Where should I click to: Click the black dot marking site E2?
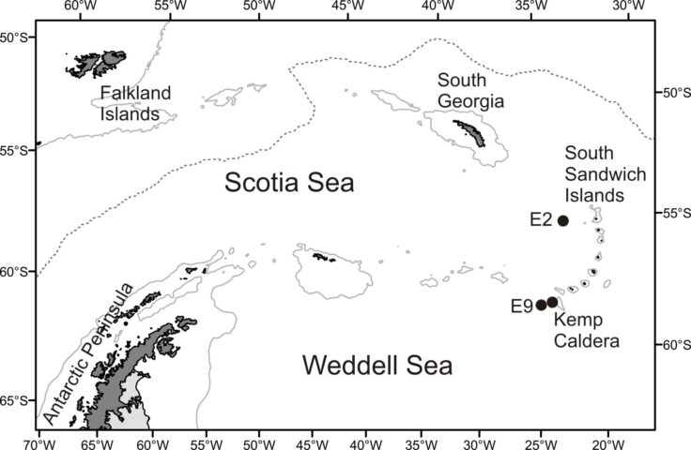point(563,221)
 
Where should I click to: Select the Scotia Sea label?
point(289,184)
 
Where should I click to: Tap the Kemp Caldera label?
point(587,332)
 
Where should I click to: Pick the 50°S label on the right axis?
point(673,93)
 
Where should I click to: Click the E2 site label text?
point(540,220)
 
